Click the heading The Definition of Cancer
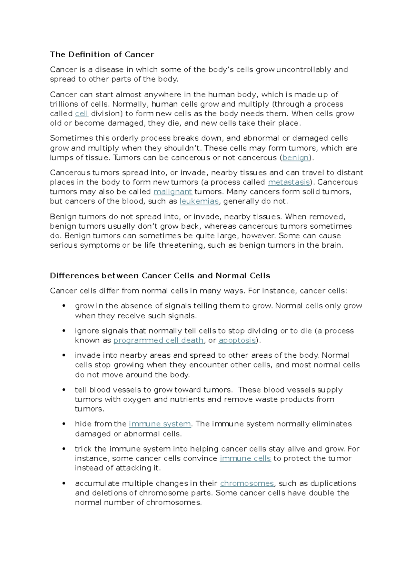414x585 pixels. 102,54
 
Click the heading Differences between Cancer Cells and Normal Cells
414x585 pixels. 160,276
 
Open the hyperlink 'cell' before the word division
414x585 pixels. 81,114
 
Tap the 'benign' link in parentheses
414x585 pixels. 295,158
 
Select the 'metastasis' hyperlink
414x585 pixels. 288,182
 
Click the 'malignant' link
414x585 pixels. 172,192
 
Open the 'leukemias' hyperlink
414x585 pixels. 199,201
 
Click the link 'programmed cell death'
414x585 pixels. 158,340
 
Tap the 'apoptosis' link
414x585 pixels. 237,340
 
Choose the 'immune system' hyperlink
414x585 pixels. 160,424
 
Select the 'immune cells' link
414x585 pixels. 245,458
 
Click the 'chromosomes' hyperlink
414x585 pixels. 247,484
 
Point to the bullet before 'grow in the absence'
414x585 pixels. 64,306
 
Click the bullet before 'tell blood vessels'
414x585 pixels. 64,390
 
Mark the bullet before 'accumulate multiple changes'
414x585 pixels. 64,484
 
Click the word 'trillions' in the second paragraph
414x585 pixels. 64,104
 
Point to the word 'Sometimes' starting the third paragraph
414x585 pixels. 71,138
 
